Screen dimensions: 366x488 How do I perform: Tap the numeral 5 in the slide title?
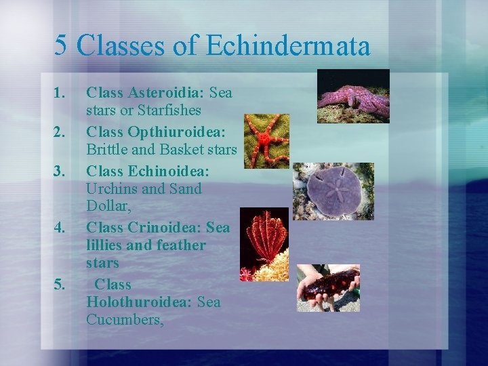tap(61, 46)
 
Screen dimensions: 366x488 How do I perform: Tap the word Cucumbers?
tap(125, 319)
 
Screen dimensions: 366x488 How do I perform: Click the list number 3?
tap(60, 169)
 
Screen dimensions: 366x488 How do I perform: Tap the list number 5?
tap(60, 284)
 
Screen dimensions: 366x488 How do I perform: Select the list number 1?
tap(60, 92)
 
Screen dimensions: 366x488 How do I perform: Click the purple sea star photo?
tap(353, 96)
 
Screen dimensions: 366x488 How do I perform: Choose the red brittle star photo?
tap(266, 141)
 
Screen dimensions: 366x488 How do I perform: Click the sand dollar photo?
tap(333, 191)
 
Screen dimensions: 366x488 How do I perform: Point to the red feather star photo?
tap(264, 245)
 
